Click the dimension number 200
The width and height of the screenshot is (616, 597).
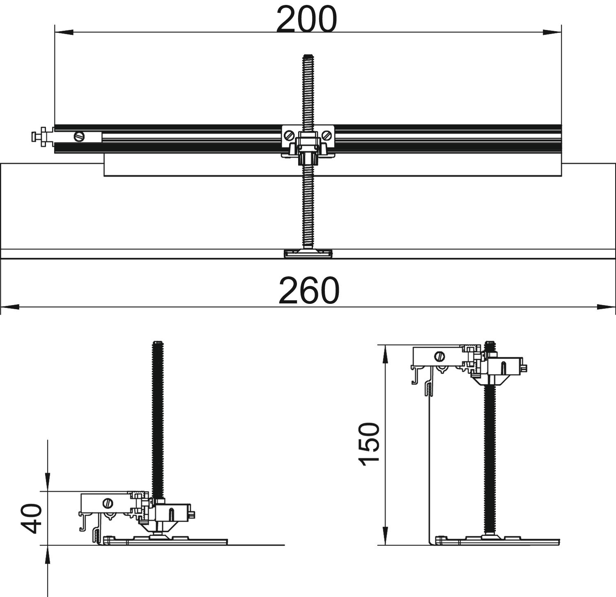[306, 19]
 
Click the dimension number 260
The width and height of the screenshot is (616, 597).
[309, 291]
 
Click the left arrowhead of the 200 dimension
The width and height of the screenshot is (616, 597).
[64, 32]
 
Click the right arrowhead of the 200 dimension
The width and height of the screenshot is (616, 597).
[552, 32]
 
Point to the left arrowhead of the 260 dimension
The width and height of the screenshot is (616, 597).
[10, 307]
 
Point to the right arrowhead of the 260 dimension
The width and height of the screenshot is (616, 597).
[606, 307]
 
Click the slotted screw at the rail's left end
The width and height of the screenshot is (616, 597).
[79, 136]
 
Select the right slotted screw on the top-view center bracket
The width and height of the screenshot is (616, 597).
[327, 135]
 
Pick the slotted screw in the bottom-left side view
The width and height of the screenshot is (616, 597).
[108, 503]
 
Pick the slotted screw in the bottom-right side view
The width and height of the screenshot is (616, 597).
[441, 356]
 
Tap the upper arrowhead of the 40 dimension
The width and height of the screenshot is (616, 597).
[48, 482]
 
